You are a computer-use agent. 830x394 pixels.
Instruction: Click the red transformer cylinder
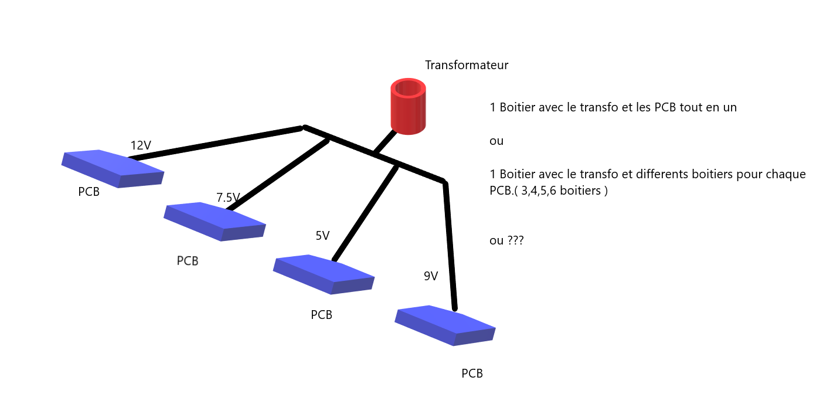(408, 107)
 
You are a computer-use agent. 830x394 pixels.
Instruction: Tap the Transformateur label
(467, 65)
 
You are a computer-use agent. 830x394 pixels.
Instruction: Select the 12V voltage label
(141, 145)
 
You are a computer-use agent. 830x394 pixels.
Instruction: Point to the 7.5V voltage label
(228, 198)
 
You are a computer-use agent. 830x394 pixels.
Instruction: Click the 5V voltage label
(322, 236)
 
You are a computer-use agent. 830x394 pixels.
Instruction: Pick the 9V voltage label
(431, 276)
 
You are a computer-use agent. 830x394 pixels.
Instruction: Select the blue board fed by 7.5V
(215, 221)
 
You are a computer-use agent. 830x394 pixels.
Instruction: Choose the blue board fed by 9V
(445, 325)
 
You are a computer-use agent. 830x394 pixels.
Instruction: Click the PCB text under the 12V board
(89, 192)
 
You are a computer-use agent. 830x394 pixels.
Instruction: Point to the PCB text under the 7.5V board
(188, 261)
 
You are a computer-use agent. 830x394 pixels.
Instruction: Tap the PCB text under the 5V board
(321, 315)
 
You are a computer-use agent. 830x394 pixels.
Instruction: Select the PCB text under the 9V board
(472, 373)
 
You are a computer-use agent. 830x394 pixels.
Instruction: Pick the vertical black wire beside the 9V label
(450, 246)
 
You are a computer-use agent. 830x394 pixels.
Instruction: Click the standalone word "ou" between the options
(496, 141)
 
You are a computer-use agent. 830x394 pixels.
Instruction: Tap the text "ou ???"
(506, 240)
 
